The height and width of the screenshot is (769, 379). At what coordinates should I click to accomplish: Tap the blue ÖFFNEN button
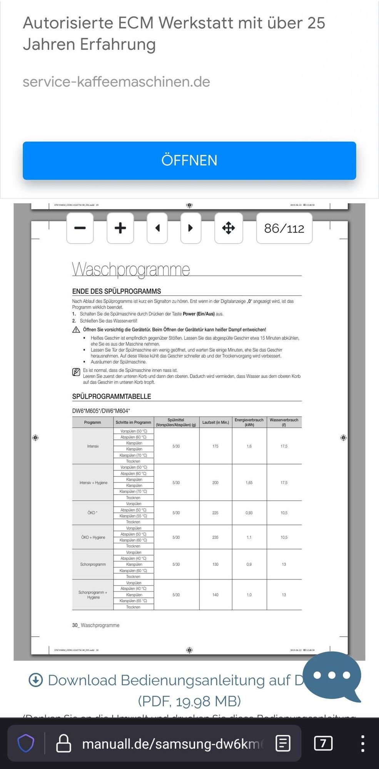pyautogui.click(x=189, y=160)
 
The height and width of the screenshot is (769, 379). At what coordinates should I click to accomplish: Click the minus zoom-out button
pyautogui.click(x=80, y=228)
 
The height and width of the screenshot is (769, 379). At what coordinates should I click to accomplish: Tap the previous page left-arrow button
pyautogui.click(x=157, y=228)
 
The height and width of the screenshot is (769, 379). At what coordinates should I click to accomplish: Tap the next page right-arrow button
pyautogui.click(x=191, y=228)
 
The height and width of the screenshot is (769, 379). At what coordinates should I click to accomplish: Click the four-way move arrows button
pyautogui.click(x=229, y=228)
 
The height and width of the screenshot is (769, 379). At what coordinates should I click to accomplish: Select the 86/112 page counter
pyautogui.click(x=284, y=228)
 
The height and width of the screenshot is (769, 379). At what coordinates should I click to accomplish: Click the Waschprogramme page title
pyautogui.click(x=131, y=269)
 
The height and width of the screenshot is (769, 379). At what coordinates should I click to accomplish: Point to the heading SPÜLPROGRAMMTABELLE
pyautogui.click(x=112, y=396)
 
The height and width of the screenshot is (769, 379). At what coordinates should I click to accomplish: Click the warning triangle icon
pyautogui.click(x=76, y=330)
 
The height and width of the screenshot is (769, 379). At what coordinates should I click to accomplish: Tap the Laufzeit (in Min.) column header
pyautogui.click(x=215, y=422)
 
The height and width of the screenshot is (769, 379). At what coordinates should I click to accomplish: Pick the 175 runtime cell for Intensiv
pyautogui.click(x=215, y=446)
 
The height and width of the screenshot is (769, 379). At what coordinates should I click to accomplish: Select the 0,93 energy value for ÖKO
pyautogui.click(x=249, y=513)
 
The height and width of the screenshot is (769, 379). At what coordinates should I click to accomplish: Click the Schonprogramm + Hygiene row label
pyautogui.click(x=93, y=595)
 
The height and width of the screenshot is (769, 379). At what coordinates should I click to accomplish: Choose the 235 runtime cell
pyautogui.click(x=215, y=537)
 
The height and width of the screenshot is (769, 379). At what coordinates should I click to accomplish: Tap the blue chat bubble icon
pyautogui.click(x=332, y=676)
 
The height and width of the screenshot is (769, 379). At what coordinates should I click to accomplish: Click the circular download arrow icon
pyautogui.click(x=36, y=680)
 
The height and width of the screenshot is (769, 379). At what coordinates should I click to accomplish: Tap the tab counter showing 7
pyautogui.click(x=323, y=743)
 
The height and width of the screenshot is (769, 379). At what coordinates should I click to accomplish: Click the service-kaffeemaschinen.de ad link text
pyautogui.click(x=116, y=82)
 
